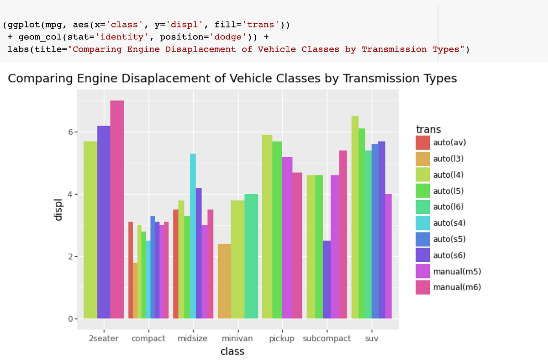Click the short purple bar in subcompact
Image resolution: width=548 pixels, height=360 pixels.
coord(327,279)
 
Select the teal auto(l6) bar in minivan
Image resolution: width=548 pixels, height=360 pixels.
coord(251,256)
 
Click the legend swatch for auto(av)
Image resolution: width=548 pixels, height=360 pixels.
coord(422,143)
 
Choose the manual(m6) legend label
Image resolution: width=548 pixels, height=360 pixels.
coord(457,287)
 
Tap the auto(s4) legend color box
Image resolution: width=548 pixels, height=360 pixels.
coord(422,223)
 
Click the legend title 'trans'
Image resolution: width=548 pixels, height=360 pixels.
coord(428,129)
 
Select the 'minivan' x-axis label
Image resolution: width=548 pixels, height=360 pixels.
coord(237,339)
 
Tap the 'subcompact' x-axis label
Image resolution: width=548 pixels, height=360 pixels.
coord(327,339)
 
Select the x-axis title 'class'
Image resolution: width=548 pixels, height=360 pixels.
coord(232,351)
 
